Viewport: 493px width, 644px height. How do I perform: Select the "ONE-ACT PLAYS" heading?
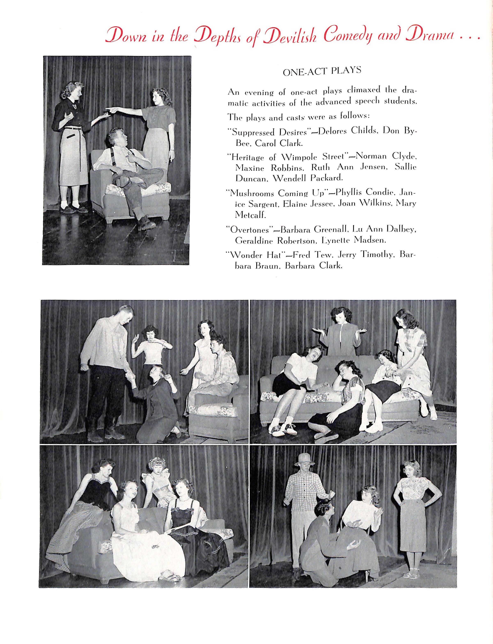322,71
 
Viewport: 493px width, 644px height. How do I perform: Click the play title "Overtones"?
249,230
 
